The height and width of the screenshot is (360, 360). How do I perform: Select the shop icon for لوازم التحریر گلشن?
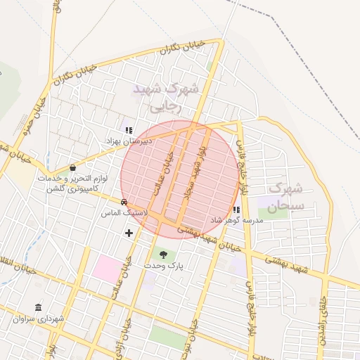click(73, 167)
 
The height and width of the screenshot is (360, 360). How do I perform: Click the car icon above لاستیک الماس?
click(124, 202)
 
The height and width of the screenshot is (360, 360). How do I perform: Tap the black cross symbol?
click(129, 233)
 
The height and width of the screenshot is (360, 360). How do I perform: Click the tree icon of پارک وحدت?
click(164, 255)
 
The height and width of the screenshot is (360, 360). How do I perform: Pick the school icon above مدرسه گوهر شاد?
click(236, 210)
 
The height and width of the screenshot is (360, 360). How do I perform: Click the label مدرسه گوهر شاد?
click(236, 220)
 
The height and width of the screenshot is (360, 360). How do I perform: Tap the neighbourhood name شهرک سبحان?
click(285, 197)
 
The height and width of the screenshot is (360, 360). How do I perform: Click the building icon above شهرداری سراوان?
click(37, 308)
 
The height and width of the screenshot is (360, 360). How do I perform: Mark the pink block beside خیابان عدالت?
click(108, 268)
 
